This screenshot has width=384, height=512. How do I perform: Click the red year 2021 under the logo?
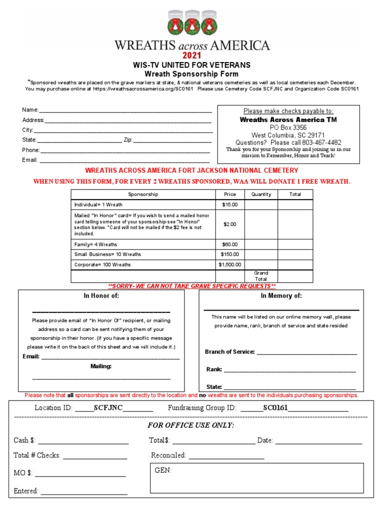(x=191, y=55)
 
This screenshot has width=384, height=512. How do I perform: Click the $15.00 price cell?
(x=229, y=204)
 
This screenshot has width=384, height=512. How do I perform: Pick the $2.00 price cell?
(x=229, y=224)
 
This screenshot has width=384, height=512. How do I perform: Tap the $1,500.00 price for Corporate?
(x=229, y=264)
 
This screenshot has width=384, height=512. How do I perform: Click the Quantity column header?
(x=261, y=194)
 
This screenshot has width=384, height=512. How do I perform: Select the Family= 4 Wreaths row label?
(x=95, y=244)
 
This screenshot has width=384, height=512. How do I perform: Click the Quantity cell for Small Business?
(x=261, y=254)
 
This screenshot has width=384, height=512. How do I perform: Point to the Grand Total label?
(x=261, y=276)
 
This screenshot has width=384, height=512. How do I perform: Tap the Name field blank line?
(x=125, y=110)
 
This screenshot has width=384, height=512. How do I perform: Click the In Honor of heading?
(x=101, y=296)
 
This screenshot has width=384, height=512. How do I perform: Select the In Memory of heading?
(x=281, y=296)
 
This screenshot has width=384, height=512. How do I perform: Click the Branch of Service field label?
(x=230, y=352)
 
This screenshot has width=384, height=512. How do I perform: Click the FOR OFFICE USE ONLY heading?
(x=190, y=425)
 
